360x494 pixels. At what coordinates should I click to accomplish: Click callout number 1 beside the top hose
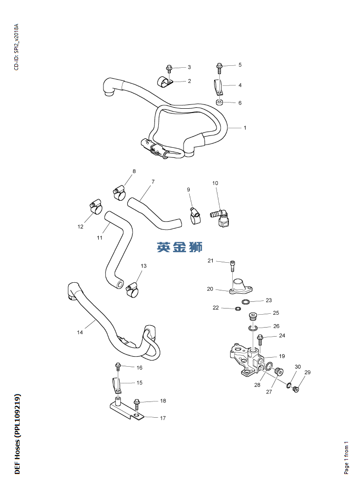pos(245,128)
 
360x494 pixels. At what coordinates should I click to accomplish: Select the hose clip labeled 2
pos(165,82)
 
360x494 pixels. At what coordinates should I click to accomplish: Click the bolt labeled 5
pos(219,67)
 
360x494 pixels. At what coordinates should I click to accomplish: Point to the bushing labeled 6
pos(219,103)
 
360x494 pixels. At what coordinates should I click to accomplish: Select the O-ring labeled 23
pos(247,302)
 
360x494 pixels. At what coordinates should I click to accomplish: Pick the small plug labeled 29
pos(296,389)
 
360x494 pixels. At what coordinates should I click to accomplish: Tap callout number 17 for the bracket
pos(163,418)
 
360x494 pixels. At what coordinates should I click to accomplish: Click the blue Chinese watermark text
pos(180,247)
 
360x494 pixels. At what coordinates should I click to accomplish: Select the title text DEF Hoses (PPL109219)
pos(18,434)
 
